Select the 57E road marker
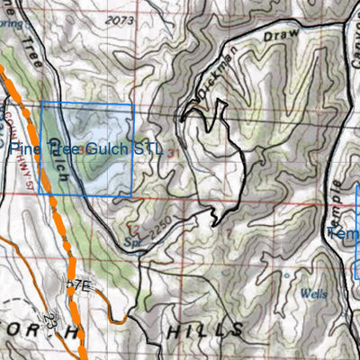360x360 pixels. [79, 285]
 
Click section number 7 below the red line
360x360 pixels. [229, 235]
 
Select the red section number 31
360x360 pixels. [172, 154]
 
